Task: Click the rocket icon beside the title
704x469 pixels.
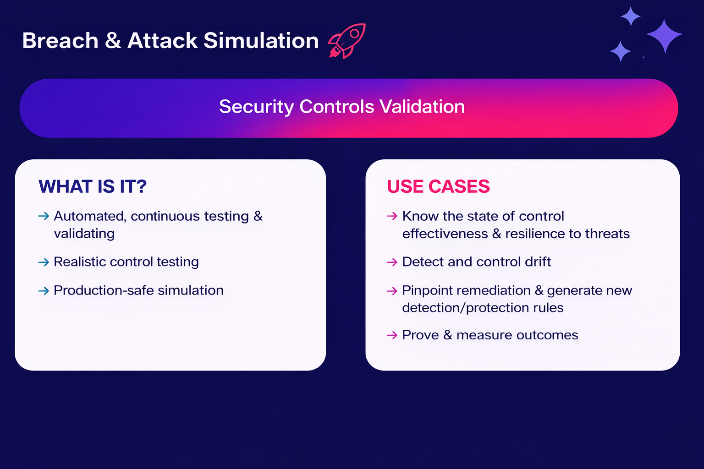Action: click(x=347, y=41)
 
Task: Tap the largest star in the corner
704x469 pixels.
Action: click(x=664, y=35)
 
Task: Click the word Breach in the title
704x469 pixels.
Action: click(x=60, y=41)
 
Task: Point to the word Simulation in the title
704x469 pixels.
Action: click(x=261, y=41)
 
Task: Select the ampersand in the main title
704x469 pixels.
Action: click(x=113, y=41)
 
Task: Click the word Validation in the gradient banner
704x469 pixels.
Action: click(x=422, y=107)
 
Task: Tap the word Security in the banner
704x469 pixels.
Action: click(x=256, y=107)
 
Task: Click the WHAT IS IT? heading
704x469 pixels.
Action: click(x=93, y=187)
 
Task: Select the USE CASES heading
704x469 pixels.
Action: click(x=438, y=187)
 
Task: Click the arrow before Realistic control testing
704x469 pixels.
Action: click(x=44, y=262)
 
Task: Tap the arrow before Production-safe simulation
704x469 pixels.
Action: click(x=44, y=291)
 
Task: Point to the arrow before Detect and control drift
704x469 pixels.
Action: click(x=392, y=262)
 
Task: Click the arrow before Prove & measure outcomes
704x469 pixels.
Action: click(x=392, y=335)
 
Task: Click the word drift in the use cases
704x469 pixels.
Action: click(x=538, y=262)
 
